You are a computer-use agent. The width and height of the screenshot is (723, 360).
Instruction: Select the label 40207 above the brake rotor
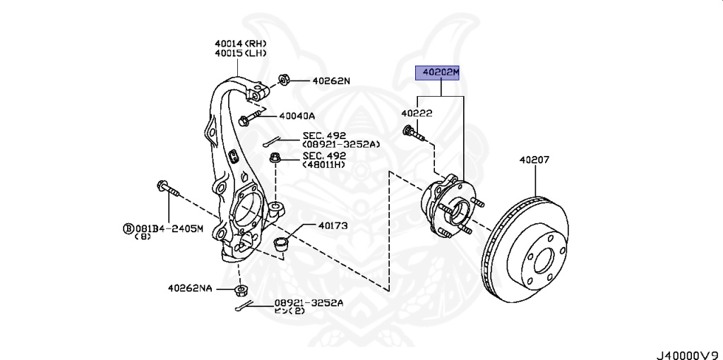pyautogui.click(x=534, y=160)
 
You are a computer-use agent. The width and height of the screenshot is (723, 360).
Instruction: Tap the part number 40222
pyautogui.click(x=417, y=113)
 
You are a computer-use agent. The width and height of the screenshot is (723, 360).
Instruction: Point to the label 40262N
pyautogui.click(x=328, y=80)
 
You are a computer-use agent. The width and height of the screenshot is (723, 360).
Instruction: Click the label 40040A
pyautogui.click(x=297, y=116)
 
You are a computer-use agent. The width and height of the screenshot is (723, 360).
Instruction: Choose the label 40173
pyautogui.click(x=333, y=226)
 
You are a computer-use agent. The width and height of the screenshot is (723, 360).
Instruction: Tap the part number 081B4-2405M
pyautogui.click(x=169, y=229)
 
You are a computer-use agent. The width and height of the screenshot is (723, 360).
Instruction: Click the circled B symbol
pyautogui.click(x=128, y=229)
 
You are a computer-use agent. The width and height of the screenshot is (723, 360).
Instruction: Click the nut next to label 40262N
pyautogui.click(x=285, y=78)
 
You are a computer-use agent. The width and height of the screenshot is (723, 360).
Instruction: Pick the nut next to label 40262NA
pyautogui.click(x=242, y=290)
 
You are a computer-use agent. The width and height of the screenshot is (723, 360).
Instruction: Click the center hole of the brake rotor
pyautogui.click(x=542, y=260)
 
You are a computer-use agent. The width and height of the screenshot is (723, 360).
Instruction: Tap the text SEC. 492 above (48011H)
pyautogui.click(x=324, y=155)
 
